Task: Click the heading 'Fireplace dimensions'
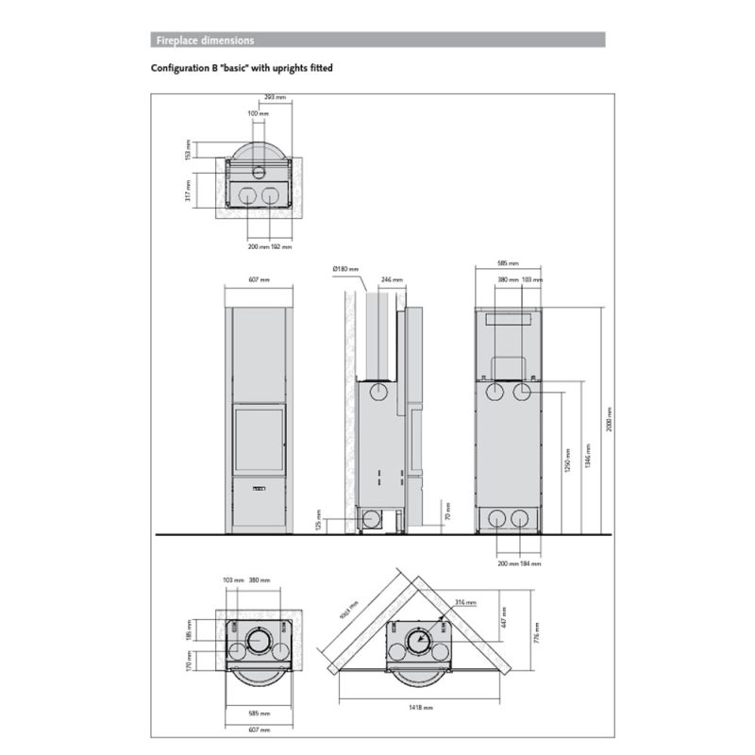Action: pyautogui.click(x=204, y=41)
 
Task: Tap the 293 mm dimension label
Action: pyautogui.click(x=276, y=97)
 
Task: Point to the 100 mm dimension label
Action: pyautogui.click(x=258, y=113)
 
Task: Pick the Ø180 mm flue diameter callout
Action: pyautogui.click(x=345, y=270)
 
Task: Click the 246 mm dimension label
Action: pyautogui.click(x=392, y=280)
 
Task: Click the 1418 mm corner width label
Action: pyautogui.click(x=421, y=707)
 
